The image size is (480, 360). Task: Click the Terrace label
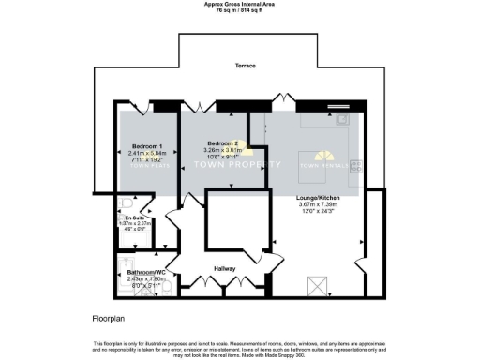246,66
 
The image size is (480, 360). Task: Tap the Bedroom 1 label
148,147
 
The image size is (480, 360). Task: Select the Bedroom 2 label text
224,142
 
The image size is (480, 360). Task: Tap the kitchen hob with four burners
356,168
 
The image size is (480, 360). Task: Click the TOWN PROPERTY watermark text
236,164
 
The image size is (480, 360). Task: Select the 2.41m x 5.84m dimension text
148,155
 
